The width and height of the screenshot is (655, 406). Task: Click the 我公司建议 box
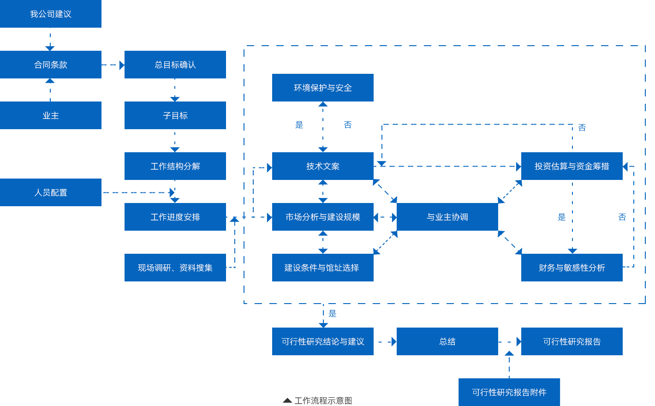tap(51, 14)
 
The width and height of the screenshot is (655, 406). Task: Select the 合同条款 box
tap(51, 65)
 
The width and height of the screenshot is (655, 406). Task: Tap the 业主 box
tap(51, 115)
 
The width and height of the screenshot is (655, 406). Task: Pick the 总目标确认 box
tap(175, 65)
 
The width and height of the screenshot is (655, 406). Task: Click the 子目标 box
tap(175, 115)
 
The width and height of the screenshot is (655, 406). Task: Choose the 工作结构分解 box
tap(175, 166)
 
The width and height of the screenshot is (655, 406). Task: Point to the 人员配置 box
tap(51, 192)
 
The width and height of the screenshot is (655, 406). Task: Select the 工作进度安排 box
tap(175, 217)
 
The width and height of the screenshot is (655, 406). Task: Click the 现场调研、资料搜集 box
tap(175, 268)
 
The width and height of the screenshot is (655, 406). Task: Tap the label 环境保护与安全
tap(323, 88)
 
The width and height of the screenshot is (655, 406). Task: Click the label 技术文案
tap(323, 166)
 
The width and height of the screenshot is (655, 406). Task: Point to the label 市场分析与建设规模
tap(323, 217)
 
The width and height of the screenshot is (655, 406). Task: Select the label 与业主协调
tap(447, 217)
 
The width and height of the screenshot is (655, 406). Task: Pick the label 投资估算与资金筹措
tap(572, 166)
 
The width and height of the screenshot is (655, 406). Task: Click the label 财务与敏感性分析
tap(572, 268)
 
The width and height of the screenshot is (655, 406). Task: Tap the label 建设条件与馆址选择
tap(322, 268)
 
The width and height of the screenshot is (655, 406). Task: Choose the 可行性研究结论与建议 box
tap(322, 341)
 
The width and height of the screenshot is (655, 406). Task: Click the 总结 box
tap(447, 341)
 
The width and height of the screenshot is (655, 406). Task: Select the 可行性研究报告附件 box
tap(509, 392)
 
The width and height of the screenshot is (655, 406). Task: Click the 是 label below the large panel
tap(333, 314)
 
